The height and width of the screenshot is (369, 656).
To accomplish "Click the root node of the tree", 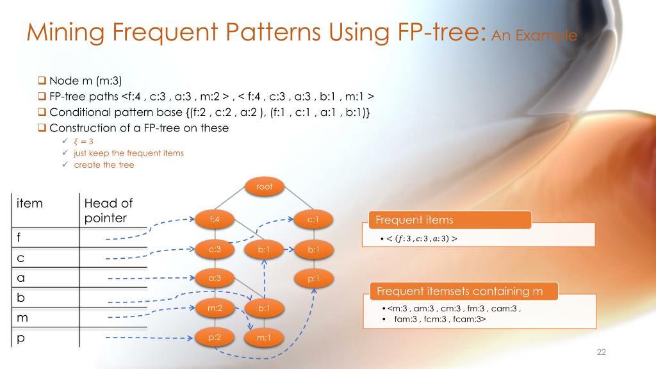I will (x=265, y=187).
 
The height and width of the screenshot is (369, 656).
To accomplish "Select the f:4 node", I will (x=215, y=219).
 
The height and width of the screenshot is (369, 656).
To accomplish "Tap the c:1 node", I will (x=313, y=219).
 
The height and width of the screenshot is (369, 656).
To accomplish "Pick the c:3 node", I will (x=215, y=249).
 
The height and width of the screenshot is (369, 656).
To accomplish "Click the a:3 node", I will (x=215, y=278).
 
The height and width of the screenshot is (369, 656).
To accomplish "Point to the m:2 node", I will (x=215, y=308).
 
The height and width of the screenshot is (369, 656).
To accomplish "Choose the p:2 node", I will (x=215, y=338).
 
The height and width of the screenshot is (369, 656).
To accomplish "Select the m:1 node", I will (x=264, y=338).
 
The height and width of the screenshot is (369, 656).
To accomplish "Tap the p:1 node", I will (x=313, y=278).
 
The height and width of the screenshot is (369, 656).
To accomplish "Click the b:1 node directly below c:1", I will (x=313, y=249).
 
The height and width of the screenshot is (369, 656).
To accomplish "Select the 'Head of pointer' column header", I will (x=108, y=211).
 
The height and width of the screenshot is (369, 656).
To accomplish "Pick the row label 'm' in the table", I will (x=23, y=318).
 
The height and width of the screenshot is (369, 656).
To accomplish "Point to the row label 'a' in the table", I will (x=21, y=278).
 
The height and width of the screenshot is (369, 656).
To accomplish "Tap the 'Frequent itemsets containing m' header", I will (x=459, y=291).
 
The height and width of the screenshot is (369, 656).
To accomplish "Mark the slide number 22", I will (x=601, y=352).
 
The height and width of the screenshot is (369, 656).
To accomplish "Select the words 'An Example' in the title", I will (x=534, y=35).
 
